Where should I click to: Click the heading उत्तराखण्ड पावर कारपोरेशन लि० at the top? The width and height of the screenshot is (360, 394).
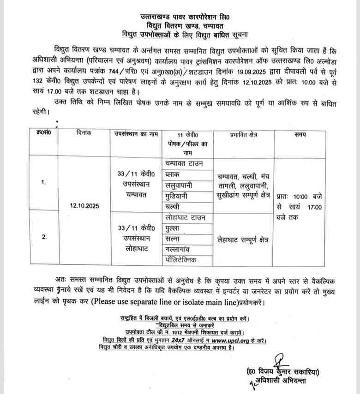[x=180, y=18]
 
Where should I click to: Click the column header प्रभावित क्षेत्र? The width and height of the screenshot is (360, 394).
[x=244, y=135]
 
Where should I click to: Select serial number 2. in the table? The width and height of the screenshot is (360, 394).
[x=44, y=237]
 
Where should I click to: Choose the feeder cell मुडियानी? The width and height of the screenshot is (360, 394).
[x=179, y=195]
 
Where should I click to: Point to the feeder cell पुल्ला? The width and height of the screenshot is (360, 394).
[x=174, y=228]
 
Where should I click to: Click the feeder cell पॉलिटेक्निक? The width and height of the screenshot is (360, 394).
[x=183, y=260]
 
